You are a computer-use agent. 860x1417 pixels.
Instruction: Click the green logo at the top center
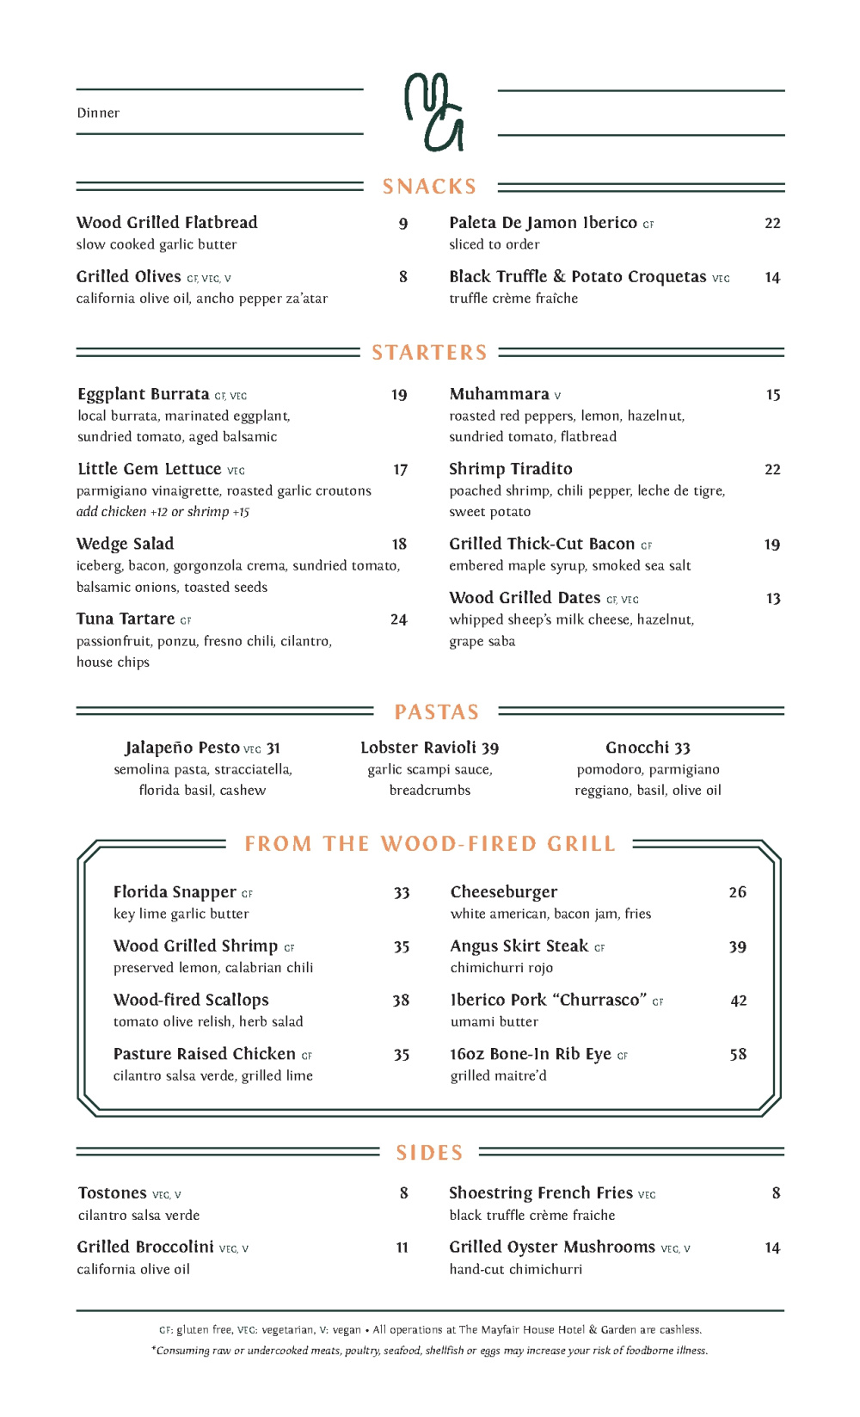click(x=434, y=112)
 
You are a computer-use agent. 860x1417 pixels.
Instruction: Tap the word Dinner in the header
click(x=98, y=113)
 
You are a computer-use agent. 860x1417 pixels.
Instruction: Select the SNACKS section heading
click(x=429, y=187)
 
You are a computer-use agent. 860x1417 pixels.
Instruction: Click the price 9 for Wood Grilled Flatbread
click(x=403, y=224)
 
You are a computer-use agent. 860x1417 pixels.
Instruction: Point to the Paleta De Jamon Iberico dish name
click(x=543, y=223)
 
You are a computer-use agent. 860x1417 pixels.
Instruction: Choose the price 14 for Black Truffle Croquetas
click(x=772, y=278)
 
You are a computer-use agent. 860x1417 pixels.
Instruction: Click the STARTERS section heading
click(x=429, y=353)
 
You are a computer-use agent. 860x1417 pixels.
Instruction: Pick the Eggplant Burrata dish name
click(x=144, y=394)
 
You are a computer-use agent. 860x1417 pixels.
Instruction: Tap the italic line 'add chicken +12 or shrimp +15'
click(x=163, y=512)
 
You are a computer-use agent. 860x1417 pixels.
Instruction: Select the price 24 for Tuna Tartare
click(x=398, y=619)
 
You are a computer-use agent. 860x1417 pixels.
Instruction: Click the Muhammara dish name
click(x=499, y=394)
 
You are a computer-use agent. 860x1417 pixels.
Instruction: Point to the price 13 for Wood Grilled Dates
click(x=773, y=599)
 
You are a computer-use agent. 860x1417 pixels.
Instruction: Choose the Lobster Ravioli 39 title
click(x=429, y=748)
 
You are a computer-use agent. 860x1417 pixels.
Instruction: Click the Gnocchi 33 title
click(x=648, y=748)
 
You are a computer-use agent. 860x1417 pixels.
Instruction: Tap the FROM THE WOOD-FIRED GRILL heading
click(x=430, y=844)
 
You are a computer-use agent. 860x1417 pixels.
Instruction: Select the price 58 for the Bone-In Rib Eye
click(x=738, y=1055)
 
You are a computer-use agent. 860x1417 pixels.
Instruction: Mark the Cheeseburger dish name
click(x=504, y=892)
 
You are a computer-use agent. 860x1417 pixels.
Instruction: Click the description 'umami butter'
click(x=494, y=1022)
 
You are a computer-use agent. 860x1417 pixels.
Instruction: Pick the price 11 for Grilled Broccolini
click(x=402, y=1248)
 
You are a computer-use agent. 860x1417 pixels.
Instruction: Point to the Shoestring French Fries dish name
click(x=541, y=1193)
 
